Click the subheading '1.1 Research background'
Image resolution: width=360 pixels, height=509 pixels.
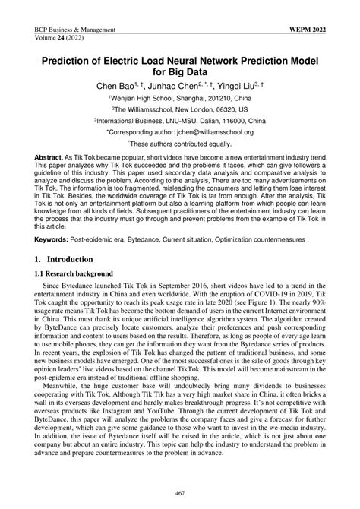74,273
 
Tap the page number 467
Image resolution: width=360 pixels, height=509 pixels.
179,495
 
